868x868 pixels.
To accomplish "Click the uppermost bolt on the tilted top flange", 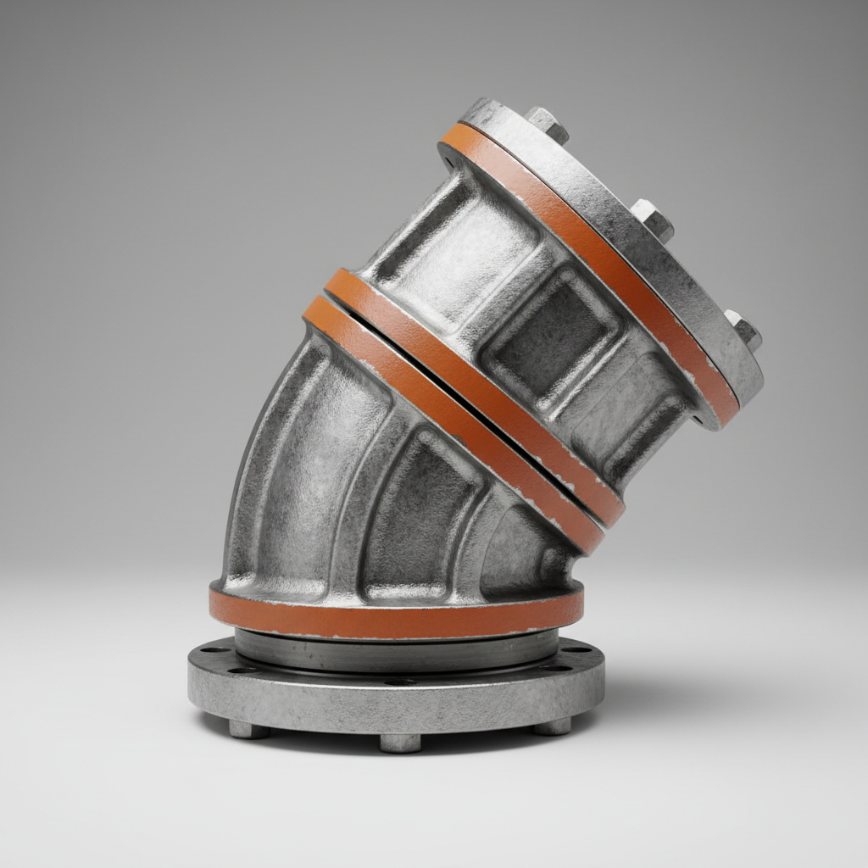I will [x=546, y=124].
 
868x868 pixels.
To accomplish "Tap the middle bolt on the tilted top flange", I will [x=652, y=219].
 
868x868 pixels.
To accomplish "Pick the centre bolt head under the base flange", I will [x=399, y=743].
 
